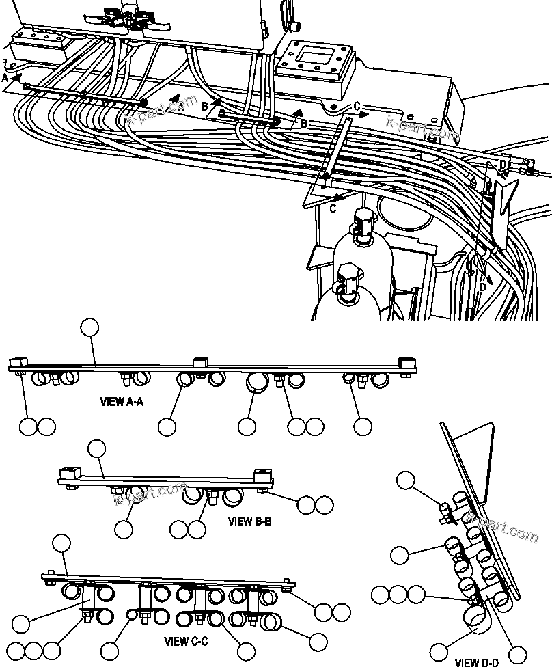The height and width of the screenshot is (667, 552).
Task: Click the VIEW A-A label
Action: pyautogui.click(x=122, y=402)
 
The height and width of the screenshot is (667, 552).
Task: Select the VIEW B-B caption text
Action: pyautogui.click(x=249, y=521)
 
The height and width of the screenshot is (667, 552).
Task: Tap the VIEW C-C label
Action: pyautogui.click(x=186, y=642)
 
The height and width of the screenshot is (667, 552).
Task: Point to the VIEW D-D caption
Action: pyautogui.click(x=477, y=662)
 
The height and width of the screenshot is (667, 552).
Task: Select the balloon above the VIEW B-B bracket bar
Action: pyautogui.click(x=98, y=448)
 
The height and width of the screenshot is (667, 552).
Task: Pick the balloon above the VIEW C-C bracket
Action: pyautogui.click(x=61, y=544)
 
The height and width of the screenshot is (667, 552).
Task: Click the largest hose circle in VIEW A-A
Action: pyautogui.click(x=257, y=384)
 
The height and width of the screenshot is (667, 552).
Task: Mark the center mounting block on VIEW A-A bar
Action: pyautogui.click(x=199, y=362)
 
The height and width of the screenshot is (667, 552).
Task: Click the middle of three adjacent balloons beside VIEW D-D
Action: pyautogui.click(x=398, y=594)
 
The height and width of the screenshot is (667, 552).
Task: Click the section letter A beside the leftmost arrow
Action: pyautogui.click(x=5, y=79)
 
